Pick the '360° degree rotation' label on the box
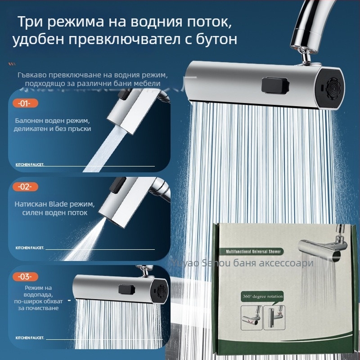(x=262, y=296)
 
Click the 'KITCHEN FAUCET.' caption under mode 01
(x=30, y=165)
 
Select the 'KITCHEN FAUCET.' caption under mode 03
(x=30, y=337)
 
